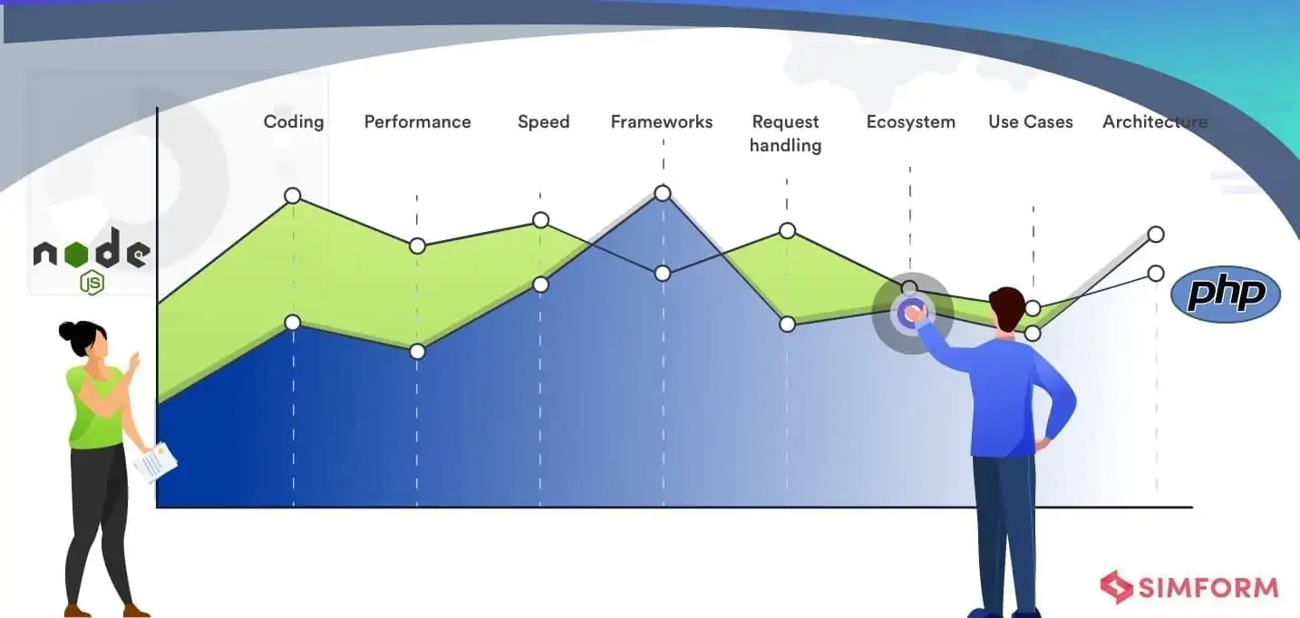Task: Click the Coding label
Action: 293,121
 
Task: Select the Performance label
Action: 417,121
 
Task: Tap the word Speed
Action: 543,121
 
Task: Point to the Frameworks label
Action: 662,121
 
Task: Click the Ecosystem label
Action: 910,121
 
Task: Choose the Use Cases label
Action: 1030,121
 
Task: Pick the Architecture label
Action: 1154,121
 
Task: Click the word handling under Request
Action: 785,145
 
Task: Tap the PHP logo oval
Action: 1225,295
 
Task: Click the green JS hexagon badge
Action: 92,283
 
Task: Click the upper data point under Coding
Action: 293,196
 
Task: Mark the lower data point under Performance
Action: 417,351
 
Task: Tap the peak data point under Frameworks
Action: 663,193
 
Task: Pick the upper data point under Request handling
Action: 787,231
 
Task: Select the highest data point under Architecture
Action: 1156,234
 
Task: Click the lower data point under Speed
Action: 540,285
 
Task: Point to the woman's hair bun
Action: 68,329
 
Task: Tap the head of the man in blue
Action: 1006,308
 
